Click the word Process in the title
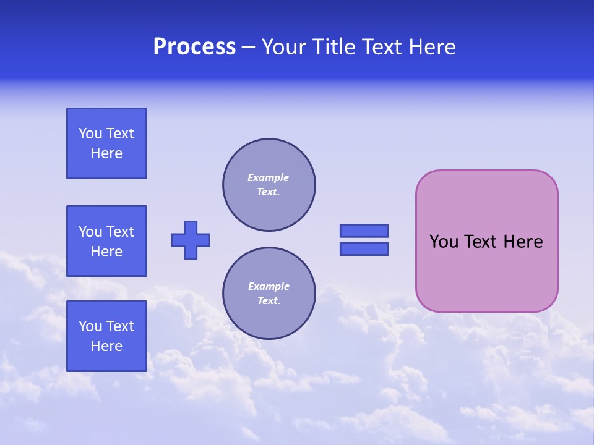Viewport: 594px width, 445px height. coord(194,47)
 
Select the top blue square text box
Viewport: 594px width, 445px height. coord(106,143)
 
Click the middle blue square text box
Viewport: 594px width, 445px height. coord(106,241)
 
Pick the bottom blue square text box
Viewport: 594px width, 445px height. coord(106,336)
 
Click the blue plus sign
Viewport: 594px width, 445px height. coord(191,240)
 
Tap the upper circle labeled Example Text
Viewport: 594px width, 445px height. coord(269,185)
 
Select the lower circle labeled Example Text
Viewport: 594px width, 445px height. coord(269,294)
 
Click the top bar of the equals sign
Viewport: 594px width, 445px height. coord(364,231)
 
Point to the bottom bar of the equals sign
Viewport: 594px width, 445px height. coord(364,248)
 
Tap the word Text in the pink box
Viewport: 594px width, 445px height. coord(480,242)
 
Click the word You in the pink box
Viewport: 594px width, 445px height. coord(444,242)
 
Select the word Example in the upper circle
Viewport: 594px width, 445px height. coord(268,177)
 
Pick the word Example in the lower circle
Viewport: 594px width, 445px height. coord(269,286)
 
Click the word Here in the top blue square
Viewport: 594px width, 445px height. coord(106,153)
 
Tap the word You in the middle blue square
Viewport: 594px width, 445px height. coord(90,232)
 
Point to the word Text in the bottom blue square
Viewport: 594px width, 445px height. coord(119,326)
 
